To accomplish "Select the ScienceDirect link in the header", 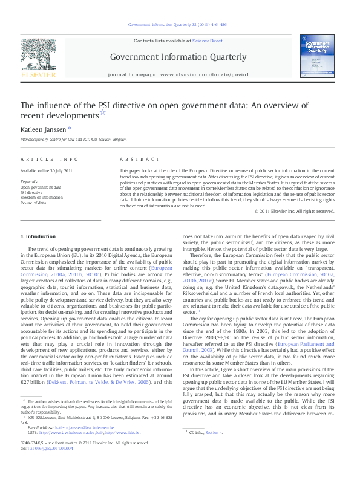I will coord(207,41).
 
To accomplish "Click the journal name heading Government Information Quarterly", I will coord(178,57).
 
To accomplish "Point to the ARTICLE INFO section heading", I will coord(50,159).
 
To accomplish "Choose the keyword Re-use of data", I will coord(34,203).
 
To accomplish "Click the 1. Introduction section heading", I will coord(38,236).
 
